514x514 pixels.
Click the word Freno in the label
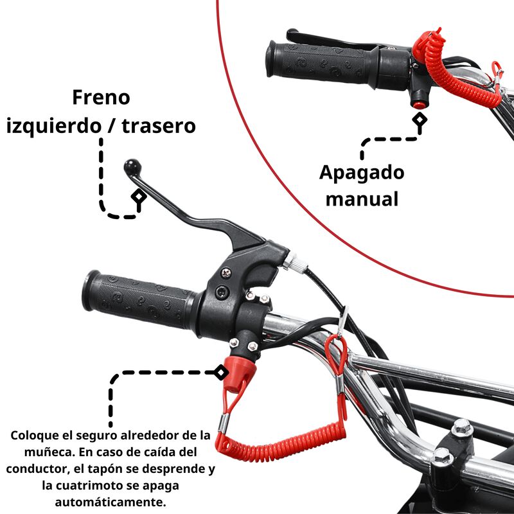point(101,98)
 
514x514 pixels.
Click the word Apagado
point(362,173)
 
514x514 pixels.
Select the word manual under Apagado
point(362,199)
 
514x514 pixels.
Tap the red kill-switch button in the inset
point(420,103)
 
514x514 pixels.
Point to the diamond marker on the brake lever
point(137,197)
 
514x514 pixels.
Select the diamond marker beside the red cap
point(220,371)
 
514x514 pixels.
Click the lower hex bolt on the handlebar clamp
point(441,457)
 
